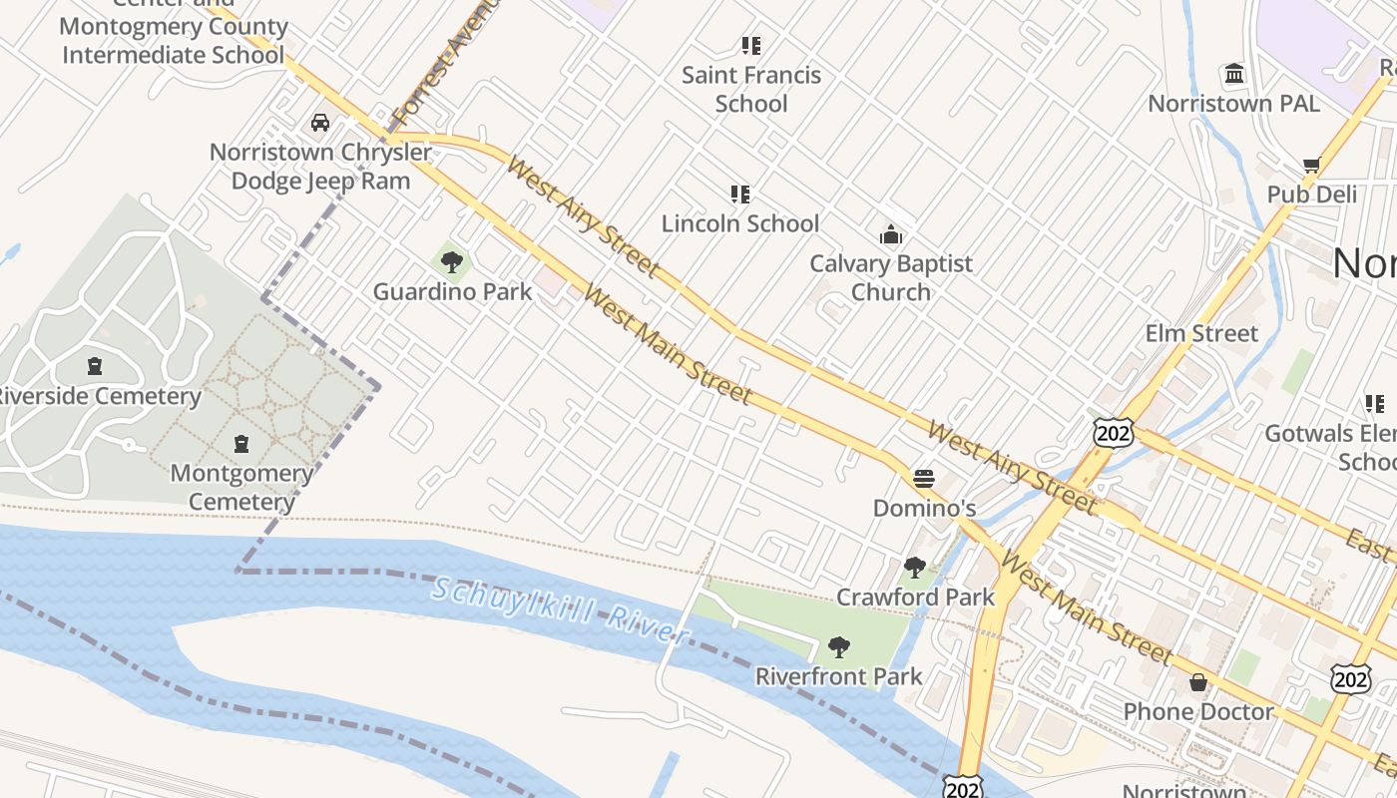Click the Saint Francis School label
[x=751, y=89]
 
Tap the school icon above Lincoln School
[x=739, y=194]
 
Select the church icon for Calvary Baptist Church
[x=890, y=235]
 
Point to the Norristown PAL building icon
[x=1234, y=74]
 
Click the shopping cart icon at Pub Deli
[x=1311, y=165]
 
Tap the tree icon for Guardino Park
[x=452, y=262]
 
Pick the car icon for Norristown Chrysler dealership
[x=319, y=123]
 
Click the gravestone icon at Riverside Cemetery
[x=95, y=366]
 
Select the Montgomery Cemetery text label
[x=241, y=487]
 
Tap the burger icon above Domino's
[x=924, y=479]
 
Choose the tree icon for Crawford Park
[x=914, y=568]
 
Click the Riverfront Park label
[x=838, y=676]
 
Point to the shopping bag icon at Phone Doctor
[x=1197, y=682]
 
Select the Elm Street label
[x=1201, y=333]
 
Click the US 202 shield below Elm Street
[x=1113, y=432]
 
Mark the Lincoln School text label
[x=739, y=223]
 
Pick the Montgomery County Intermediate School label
[x=174, y=41]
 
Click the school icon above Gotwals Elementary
[x=1374, y=403]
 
